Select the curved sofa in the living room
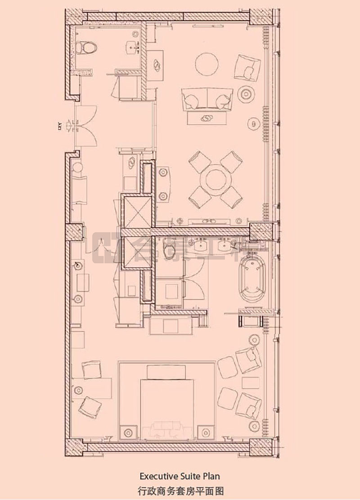pos(207,99)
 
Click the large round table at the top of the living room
pos(209,63)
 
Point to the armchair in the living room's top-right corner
pos(247,67)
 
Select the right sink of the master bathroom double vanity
pos(224,246)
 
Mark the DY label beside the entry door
pos(58,126)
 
